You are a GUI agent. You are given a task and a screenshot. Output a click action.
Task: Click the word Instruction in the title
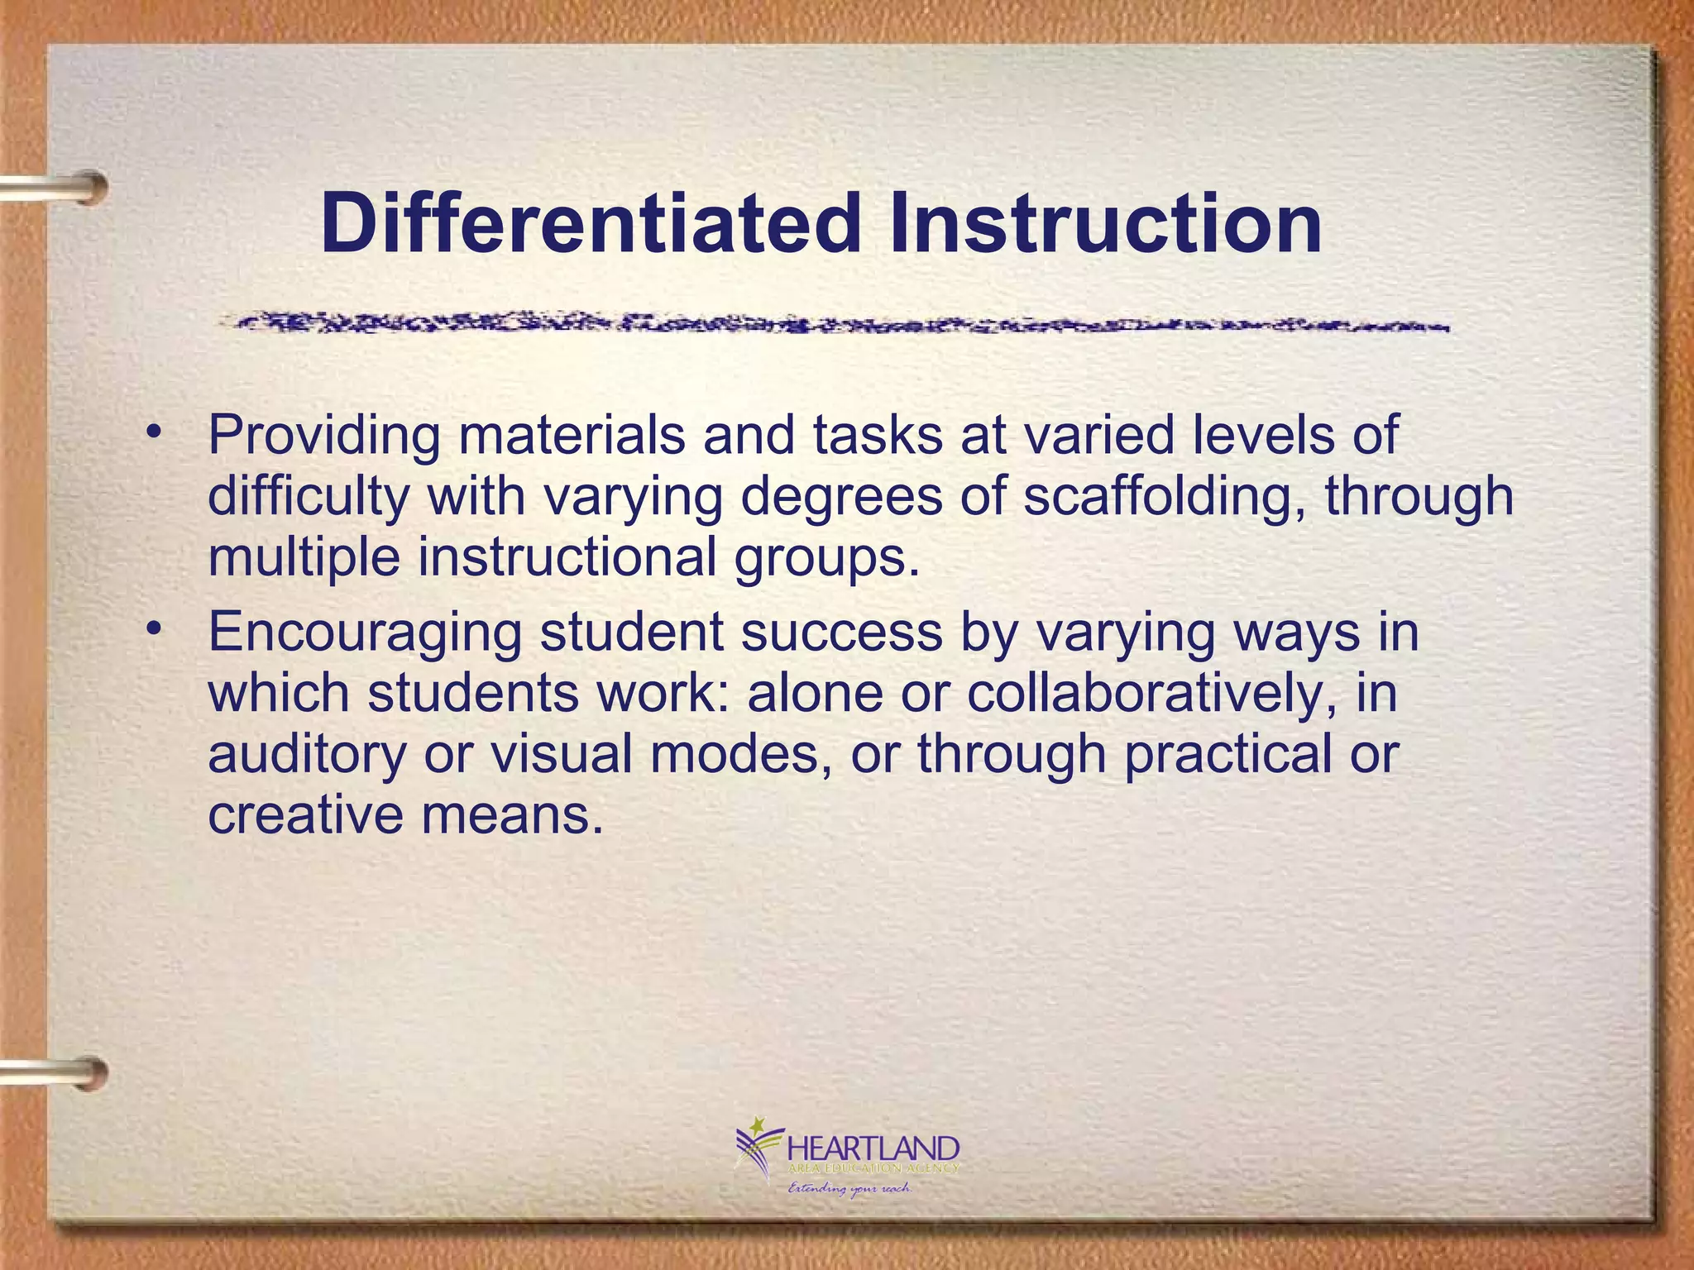click(1103, 223)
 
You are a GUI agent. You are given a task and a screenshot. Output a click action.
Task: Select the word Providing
click(323, 437)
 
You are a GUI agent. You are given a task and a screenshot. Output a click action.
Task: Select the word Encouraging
click(365, 634)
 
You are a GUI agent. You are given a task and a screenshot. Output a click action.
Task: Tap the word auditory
click(307, 754)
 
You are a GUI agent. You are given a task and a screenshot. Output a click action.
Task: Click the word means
click(512, 815)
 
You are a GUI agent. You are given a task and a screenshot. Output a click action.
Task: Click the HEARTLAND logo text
click(873, 1149)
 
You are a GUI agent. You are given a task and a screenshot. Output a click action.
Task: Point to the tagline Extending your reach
click(849, 1189)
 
